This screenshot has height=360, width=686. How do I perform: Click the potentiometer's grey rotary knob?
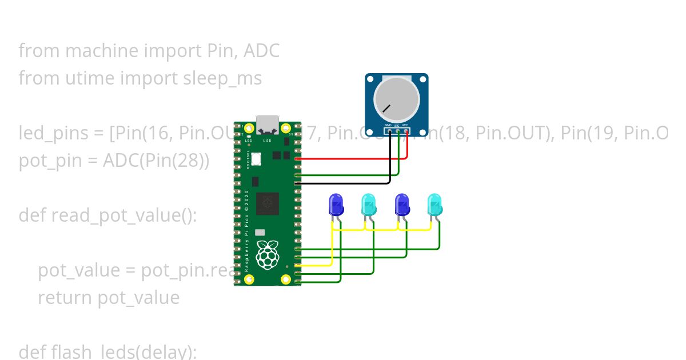point(396,98)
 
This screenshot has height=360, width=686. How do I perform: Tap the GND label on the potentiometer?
point(388,125)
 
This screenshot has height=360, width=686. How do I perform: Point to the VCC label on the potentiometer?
point(405,125)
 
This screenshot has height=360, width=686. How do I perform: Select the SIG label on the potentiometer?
point(397,125)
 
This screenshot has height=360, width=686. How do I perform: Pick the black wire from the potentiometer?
point(343,183)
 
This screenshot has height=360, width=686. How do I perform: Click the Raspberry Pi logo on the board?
point(268,254)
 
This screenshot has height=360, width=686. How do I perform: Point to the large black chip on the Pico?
point(268,203)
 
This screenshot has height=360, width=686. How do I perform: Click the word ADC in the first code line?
point(261,51)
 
